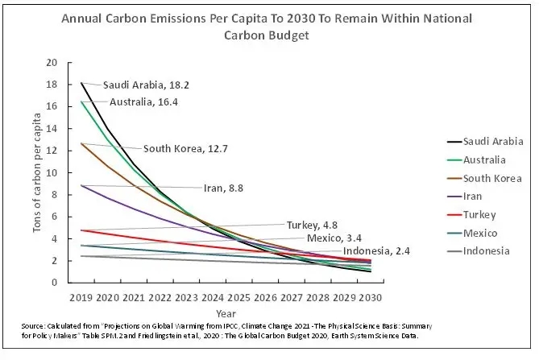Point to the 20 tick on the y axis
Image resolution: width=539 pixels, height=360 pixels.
(x=52, y=63)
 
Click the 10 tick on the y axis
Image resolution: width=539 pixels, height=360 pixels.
(x=52, y=173)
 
